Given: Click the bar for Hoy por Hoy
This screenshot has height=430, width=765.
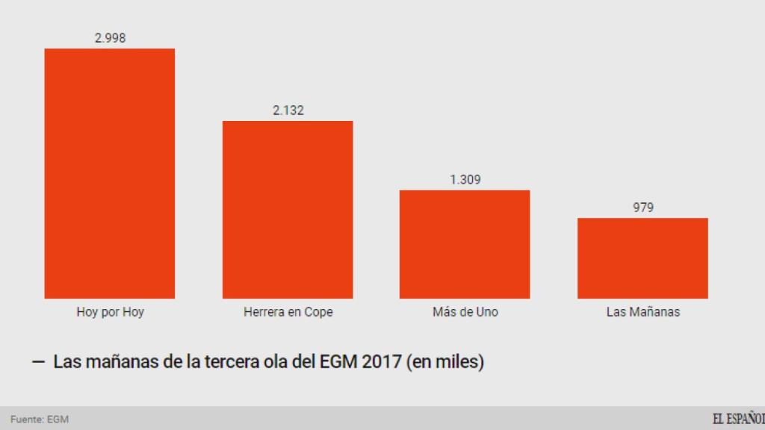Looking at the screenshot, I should pos(110,173).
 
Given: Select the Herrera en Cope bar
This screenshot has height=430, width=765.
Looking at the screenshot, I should pos(288,210).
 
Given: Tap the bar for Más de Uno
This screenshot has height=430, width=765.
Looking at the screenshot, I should pos(465,244).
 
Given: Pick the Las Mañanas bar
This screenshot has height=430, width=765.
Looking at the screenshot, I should pos(642,258).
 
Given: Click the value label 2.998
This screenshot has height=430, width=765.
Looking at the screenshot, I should pos(110,38).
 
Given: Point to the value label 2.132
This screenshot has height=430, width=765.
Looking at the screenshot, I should pos(288,110).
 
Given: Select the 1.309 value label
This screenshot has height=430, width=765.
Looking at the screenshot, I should pos(465,180).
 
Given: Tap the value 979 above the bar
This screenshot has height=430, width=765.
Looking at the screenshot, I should pos(642,208).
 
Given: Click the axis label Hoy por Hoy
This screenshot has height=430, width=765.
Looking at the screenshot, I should pos(110,312).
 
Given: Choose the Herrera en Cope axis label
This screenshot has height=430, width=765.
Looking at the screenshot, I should pos(288,312).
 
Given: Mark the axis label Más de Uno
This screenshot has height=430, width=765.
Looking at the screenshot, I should pos(465,312).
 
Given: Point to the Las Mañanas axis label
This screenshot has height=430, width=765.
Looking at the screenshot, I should pos(642,312).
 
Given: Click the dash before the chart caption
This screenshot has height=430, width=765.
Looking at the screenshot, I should pos(38,363).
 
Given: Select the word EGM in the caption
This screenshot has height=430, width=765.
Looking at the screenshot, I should pos(339,363).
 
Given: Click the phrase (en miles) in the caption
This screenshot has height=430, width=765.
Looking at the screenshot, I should pos(445,363).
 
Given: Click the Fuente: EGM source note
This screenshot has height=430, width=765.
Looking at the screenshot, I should pos(40,419).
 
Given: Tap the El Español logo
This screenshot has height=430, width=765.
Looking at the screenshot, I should pos(737,419).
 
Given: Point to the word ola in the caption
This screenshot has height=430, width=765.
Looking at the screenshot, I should pos(273,363).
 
